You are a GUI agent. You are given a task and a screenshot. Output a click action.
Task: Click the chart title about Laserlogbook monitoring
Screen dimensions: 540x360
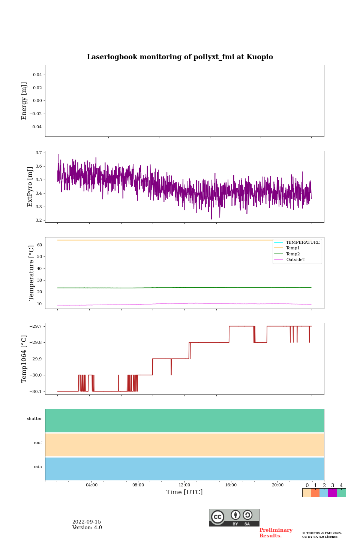coord(180,57)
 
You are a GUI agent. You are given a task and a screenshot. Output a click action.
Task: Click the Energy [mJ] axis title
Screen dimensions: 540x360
coord(24,101)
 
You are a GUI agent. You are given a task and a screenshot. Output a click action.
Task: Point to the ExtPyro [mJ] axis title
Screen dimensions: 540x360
coord(30,187)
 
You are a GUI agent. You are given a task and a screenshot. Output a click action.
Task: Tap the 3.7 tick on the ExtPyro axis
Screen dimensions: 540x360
coord(39,153)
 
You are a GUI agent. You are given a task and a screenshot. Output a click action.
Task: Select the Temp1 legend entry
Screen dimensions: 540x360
coord(293,248)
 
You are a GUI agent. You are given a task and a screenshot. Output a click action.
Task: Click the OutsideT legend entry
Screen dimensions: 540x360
coord(295,260)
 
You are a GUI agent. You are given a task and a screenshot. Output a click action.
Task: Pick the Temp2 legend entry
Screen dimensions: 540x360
coord(293,254)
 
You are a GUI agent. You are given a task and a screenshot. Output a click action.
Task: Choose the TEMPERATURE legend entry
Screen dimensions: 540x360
coord(303,243)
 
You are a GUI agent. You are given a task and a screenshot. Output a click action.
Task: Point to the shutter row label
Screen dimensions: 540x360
coord(34,419)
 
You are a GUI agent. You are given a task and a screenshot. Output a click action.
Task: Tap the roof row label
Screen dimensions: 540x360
coord(38,443)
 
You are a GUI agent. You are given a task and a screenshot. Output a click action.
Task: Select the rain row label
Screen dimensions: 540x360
coord(38,467)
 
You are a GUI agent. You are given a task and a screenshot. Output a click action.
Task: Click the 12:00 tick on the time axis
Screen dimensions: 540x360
coord(184,485)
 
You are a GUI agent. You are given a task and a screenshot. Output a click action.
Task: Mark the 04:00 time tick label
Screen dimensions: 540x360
coord(91,485)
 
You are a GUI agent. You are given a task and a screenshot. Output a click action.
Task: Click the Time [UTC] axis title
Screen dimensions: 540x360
coord(184,492)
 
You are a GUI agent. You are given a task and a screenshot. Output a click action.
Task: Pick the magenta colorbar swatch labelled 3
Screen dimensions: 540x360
coord(332,493)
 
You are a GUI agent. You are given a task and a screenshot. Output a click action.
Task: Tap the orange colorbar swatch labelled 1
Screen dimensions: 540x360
coord(315,493)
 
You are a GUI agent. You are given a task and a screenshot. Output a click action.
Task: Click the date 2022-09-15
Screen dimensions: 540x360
coord(87,522)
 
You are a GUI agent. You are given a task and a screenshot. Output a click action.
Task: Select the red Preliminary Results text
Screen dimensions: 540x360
coord(276,533)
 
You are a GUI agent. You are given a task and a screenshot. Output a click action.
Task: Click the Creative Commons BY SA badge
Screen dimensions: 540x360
coord(234,517)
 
